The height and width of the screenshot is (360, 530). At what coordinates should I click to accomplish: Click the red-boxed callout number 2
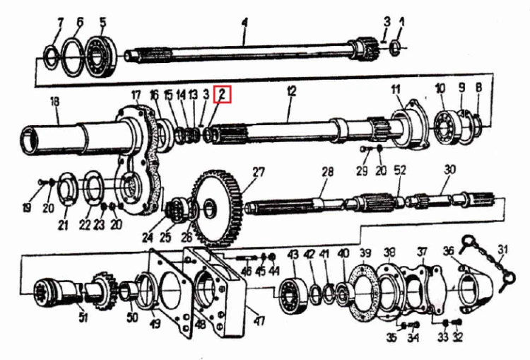coord(222,94)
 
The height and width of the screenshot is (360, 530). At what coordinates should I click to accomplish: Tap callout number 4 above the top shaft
coord(245,23)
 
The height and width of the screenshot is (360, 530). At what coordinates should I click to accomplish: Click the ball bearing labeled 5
coord(101,56)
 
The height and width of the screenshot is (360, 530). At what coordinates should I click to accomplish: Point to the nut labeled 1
coord(394,47)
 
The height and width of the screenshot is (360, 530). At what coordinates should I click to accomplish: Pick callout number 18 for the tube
coord(54,102)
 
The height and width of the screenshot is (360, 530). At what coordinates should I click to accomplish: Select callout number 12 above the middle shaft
coord(292,91)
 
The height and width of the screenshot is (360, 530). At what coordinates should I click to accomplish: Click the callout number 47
coord(259,320)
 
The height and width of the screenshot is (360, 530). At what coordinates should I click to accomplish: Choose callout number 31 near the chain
coord(503,250)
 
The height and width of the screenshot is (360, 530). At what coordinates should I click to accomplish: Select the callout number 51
coord(83,317)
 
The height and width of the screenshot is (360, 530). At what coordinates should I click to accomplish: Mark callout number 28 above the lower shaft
coord(327,172)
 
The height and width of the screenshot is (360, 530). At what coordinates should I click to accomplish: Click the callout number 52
coord(400,170)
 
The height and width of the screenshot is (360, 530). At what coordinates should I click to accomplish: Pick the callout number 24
coord(148,238)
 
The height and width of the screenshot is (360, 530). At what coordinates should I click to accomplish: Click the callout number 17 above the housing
coord(136,95)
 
